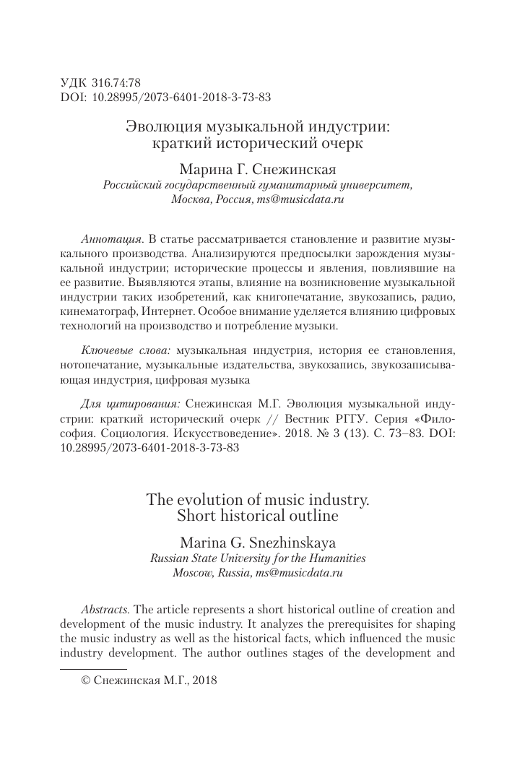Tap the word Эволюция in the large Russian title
pyautogui.click(x=158, y=127)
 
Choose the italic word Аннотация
pyautogui.click(x=109, y=238)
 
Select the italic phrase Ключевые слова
pyautogui.click(x=126, y=350)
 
